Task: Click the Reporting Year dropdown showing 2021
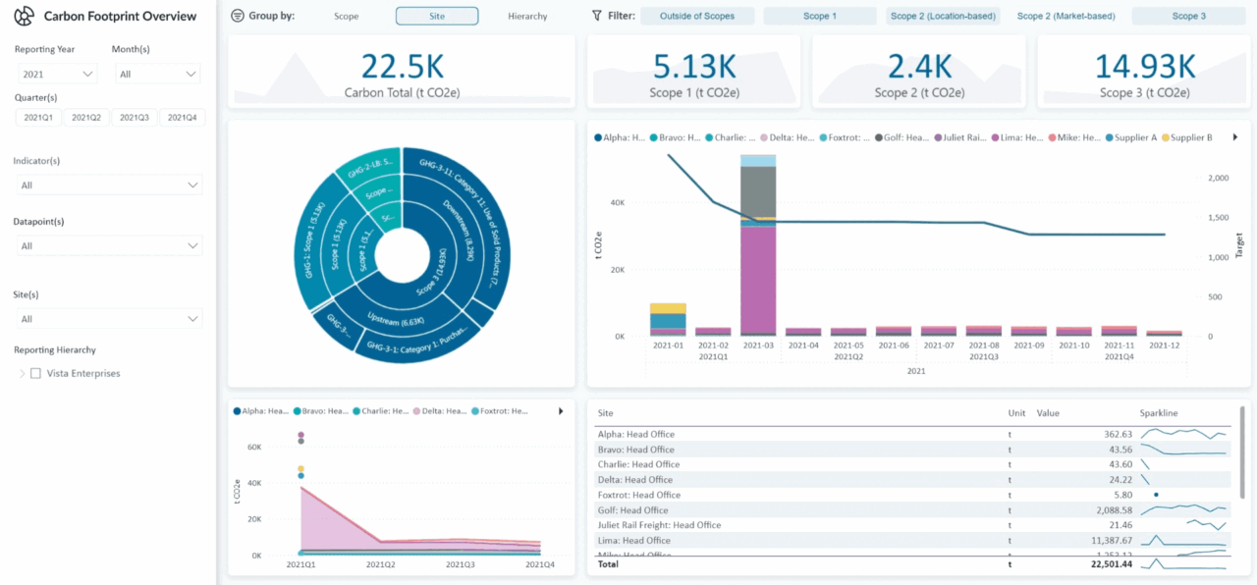tap(58, 74)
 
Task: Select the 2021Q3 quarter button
tap(135, 118)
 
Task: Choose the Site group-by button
tap(437, 16)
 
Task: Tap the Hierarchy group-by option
tap(527, 16)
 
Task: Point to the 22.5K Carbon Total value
tap(402, 67)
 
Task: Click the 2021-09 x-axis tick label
tap(1028, 346)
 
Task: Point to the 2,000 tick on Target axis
tap(1217, 178)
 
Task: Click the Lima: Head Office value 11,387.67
tap(1105, 541)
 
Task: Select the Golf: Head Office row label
tap(632, 510)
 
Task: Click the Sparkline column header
tap(1159, 413)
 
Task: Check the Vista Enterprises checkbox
tap(36, 373)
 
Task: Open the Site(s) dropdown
tap(109, 319)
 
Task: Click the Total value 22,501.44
tap(1105, 564)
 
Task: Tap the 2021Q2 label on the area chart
tap(380, 565)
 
